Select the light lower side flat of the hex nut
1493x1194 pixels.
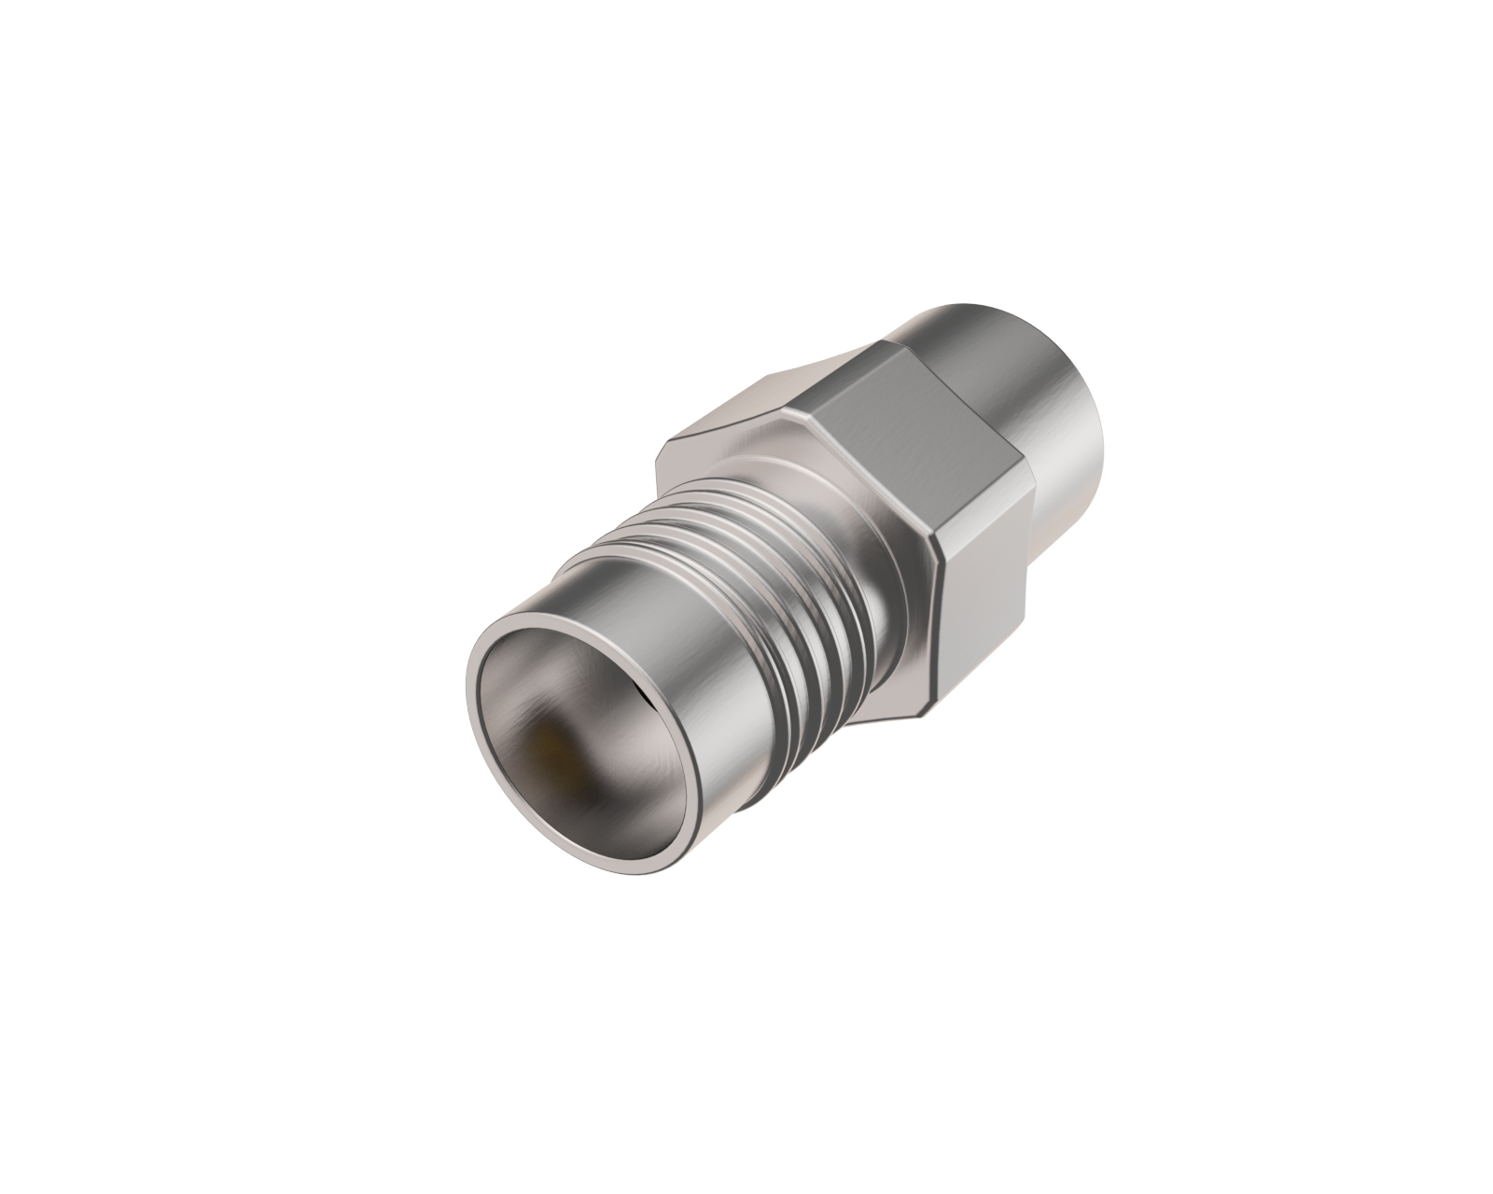tap(984, 606)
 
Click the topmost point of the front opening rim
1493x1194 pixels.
tap(560, 606)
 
